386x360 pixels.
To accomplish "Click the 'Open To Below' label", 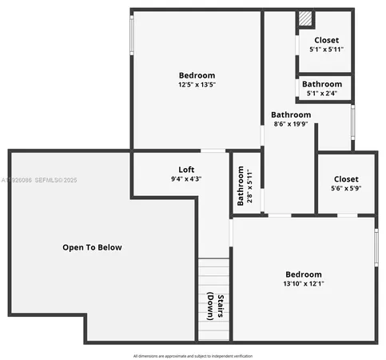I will pos(92,247).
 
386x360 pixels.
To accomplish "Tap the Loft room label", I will pos(185,169).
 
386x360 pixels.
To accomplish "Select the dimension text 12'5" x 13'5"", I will pos(197,84).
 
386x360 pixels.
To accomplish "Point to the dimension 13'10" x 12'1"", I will pos(303,283).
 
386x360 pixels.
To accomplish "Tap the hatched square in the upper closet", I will pos(304,18).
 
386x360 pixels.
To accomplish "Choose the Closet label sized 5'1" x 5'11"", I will pos(326,40).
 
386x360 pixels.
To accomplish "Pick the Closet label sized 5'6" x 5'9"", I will pos(346,179).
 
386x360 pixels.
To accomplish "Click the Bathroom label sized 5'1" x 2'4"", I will pos(322,84).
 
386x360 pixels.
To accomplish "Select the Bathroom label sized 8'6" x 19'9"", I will pos(291,114).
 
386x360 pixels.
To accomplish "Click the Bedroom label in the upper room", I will pos(197,75).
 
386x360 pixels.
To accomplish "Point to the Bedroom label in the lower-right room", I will pos(303,274).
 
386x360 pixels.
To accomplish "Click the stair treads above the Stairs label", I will pos(213,272).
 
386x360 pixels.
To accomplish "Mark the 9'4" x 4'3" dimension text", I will pos(185,178).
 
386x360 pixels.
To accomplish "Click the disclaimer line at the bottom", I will pos(192,355).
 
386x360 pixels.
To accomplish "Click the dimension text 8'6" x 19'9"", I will pos(291,124).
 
